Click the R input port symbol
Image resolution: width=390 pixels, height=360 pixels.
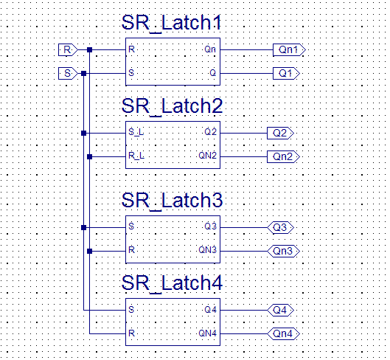pos(68,49)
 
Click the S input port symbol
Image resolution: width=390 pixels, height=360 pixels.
pos(68,74)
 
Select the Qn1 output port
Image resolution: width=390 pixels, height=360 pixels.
pos(289,49)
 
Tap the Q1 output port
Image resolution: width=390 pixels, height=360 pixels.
pos(286,74)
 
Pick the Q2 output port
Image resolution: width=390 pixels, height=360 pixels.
pos(280,133)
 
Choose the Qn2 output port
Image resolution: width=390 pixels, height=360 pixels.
pos(283,156)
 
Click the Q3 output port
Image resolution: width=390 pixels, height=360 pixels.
pos(280,227)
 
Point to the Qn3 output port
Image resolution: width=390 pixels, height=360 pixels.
pos(283,251)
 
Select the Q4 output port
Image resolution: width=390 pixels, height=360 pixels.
pos(280,310)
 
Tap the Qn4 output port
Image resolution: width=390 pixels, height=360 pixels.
pos(283,333)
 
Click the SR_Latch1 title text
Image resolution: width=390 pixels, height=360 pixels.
pos(171,23)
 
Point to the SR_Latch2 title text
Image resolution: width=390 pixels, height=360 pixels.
pos(172,106)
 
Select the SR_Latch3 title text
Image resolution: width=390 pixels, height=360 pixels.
pos(172,201)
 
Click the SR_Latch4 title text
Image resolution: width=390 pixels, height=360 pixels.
pos(172,283)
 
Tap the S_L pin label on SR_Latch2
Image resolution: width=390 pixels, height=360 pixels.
pos(136,132)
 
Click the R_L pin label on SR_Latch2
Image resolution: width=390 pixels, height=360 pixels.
pos(136,156)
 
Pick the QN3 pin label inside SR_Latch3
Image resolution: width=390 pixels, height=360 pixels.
pos(207,249)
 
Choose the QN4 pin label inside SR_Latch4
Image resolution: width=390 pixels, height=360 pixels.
pos(207,333)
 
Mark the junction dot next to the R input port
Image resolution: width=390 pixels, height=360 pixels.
pos(89,49)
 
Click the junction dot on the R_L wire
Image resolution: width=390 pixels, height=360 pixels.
pos(89,156)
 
